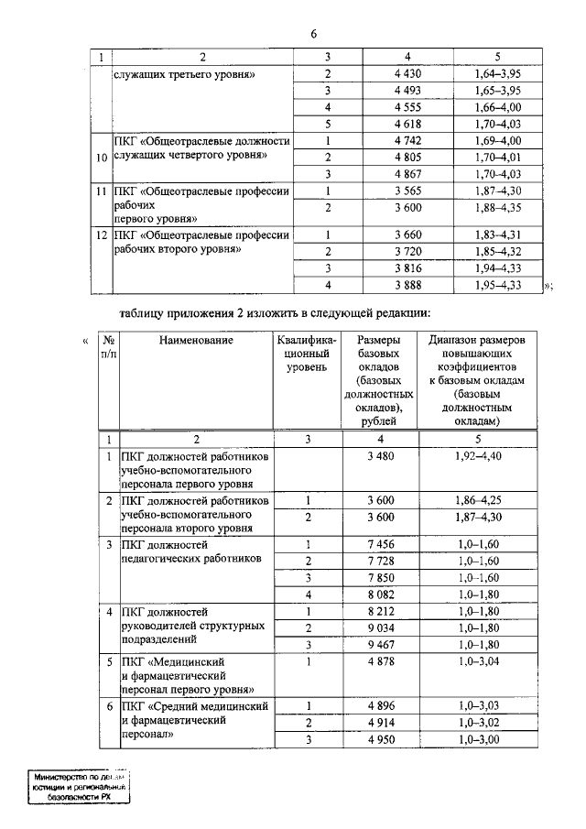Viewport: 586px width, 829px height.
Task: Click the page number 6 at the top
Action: tap(313, 35)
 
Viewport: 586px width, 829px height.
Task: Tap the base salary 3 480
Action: tap(379, 454)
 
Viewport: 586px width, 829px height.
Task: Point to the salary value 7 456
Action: tap(379, 545)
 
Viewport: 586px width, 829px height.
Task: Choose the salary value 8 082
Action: tap(379, 594)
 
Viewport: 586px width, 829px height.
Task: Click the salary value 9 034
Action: tap(379, 627)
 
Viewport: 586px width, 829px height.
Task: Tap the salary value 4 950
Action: tap(379, 739)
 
